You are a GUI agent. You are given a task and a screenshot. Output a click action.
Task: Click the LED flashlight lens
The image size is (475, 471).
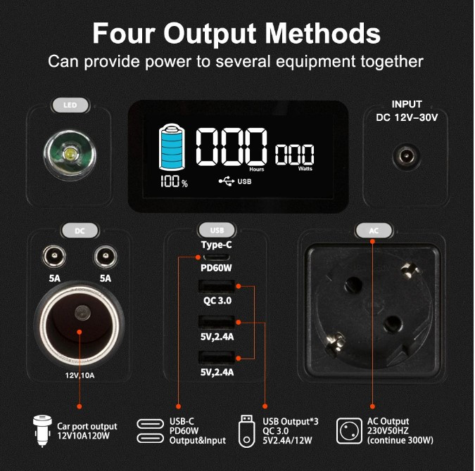(x=70, y=155)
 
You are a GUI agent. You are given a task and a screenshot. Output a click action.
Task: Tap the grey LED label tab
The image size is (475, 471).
(x=70, y=105)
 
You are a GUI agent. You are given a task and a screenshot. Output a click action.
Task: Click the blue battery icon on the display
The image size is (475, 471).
(x=172, y=147)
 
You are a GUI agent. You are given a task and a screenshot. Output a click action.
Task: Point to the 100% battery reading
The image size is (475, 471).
(x=174, y=181)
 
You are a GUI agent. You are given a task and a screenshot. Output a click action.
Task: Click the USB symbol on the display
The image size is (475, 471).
(x=227, y=181)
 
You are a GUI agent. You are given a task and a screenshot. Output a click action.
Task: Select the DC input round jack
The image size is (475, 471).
(x=406, y=157)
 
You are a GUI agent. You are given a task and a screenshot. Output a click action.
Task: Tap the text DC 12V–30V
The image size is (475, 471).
(x=407, y=117)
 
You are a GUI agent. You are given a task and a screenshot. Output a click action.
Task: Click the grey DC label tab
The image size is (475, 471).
(x=80, y=231)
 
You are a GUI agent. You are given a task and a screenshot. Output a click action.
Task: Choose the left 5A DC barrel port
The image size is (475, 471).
(x=54, y=257)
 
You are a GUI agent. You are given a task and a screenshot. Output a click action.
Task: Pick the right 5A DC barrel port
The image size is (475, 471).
(x=106, y=257)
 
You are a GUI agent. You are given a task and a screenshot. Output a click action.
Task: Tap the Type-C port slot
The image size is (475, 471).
(x=216, y=257)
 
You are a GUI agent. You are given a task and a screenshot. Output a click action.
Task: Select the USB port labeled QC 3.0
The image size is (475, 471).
(x=217, y=286)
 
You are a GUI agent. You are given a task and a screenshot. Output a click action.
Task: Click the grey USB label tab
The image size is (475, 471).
(x=217, y=231)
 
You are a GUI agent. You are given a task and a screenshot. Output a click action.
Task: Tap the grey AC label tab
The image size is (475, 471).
(x=374, y=231)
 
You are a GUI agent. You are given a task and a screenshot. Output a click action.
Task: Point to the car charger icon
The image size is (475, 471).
(x=42, y=432)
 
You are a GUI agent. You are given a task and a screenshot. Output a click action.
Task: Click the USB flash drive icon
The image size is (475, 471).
(x=246, y=432)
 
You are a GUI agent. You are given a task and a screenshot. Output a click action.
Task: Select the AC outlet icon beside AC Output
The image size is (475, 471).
(x=349, y=431)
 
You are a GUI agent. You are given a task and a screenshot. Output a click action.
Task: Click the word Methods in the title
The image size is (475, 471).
(x=322, y=33)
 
